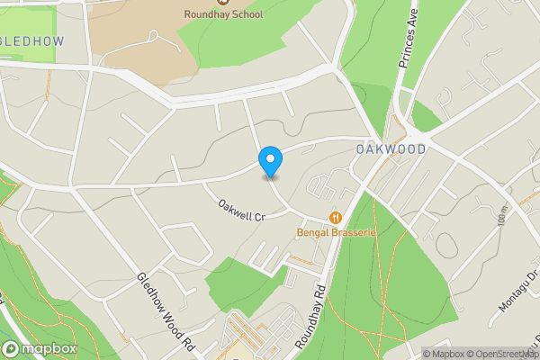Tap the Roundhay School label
coord(223,14)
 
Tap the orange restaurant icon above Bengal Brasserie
coord(336,218)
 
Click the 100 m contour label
coord(502,216)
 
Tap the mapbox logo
coord(39,349)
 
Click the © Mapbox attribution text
coord(443,354)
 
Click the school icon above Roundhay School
coord(223,2)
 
